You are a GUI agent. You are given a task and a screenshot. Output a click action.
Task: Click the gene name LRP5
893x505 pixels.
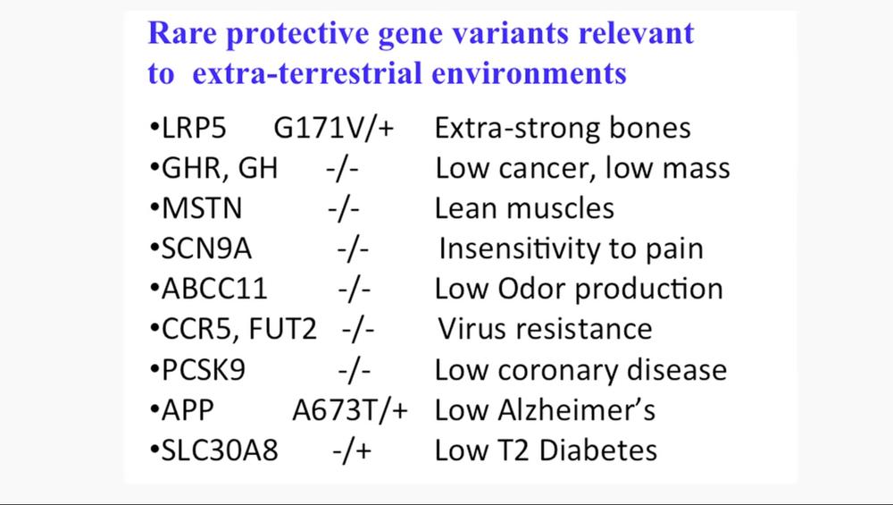coord(194,128)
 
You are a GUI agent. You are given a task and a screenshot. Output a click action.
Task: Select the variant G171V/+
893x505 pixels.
coord(334,128)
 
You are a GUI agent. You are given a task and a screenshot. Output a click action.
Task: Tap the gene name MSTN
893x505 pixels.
coord(202,208)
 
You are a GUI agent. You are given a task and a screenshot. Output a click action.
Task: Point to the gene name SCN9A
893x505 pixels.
coord(206,248)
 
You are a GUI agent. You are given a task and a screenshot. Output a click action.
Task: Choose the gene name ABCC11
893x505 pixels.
coord(214,289)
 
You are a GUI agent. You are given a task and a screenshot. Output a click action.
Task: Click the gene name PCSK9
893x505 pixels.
coord(204,370)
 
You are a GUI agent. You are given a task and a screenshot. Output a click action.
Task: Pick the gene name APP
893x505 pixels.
coord(188,410)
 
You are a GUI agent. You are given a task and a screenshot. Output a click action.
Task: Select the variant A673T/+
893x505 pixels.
coord(350,410)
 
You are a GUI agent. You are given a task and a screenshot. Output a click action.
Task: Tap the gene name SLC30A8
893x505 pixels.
coord(220,450)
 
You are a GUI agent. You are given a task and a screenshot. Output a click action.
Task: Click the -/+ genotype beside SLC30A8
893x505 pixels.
coord(352,450)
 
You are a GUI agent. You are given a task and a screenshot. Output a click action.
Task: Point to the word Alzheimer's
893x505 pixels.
coord(576,410)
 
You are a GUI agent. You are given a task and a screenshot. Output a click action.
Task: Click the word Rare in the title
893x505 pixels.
coord(181,33)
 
